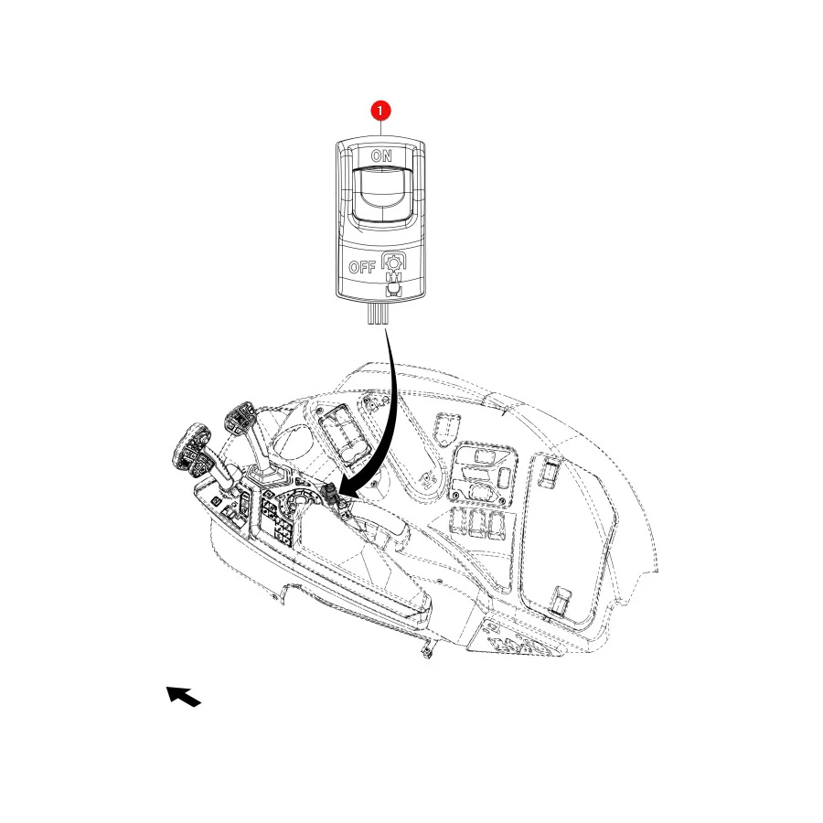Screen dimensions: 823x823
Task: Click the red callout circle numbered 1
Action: point(380,111)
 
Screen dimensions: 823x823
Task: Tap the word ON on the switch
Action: point(381,155)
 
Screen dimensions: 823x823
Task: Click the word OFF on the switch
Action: point(362,267)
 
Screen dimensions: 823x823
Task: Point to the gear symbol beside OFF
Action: point(393,262)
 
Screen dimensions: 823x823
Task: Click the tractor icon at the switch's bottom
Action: point(392,289)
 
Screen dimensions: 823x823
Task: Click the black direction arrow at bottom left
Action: point(183,696)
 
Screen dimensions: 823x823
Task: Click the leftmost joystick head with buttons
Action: point(192,449)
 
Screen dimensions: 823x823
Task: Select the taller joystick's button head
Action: point(240,418)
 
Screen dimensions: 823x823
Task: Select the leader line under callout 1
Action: point(380,128)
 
